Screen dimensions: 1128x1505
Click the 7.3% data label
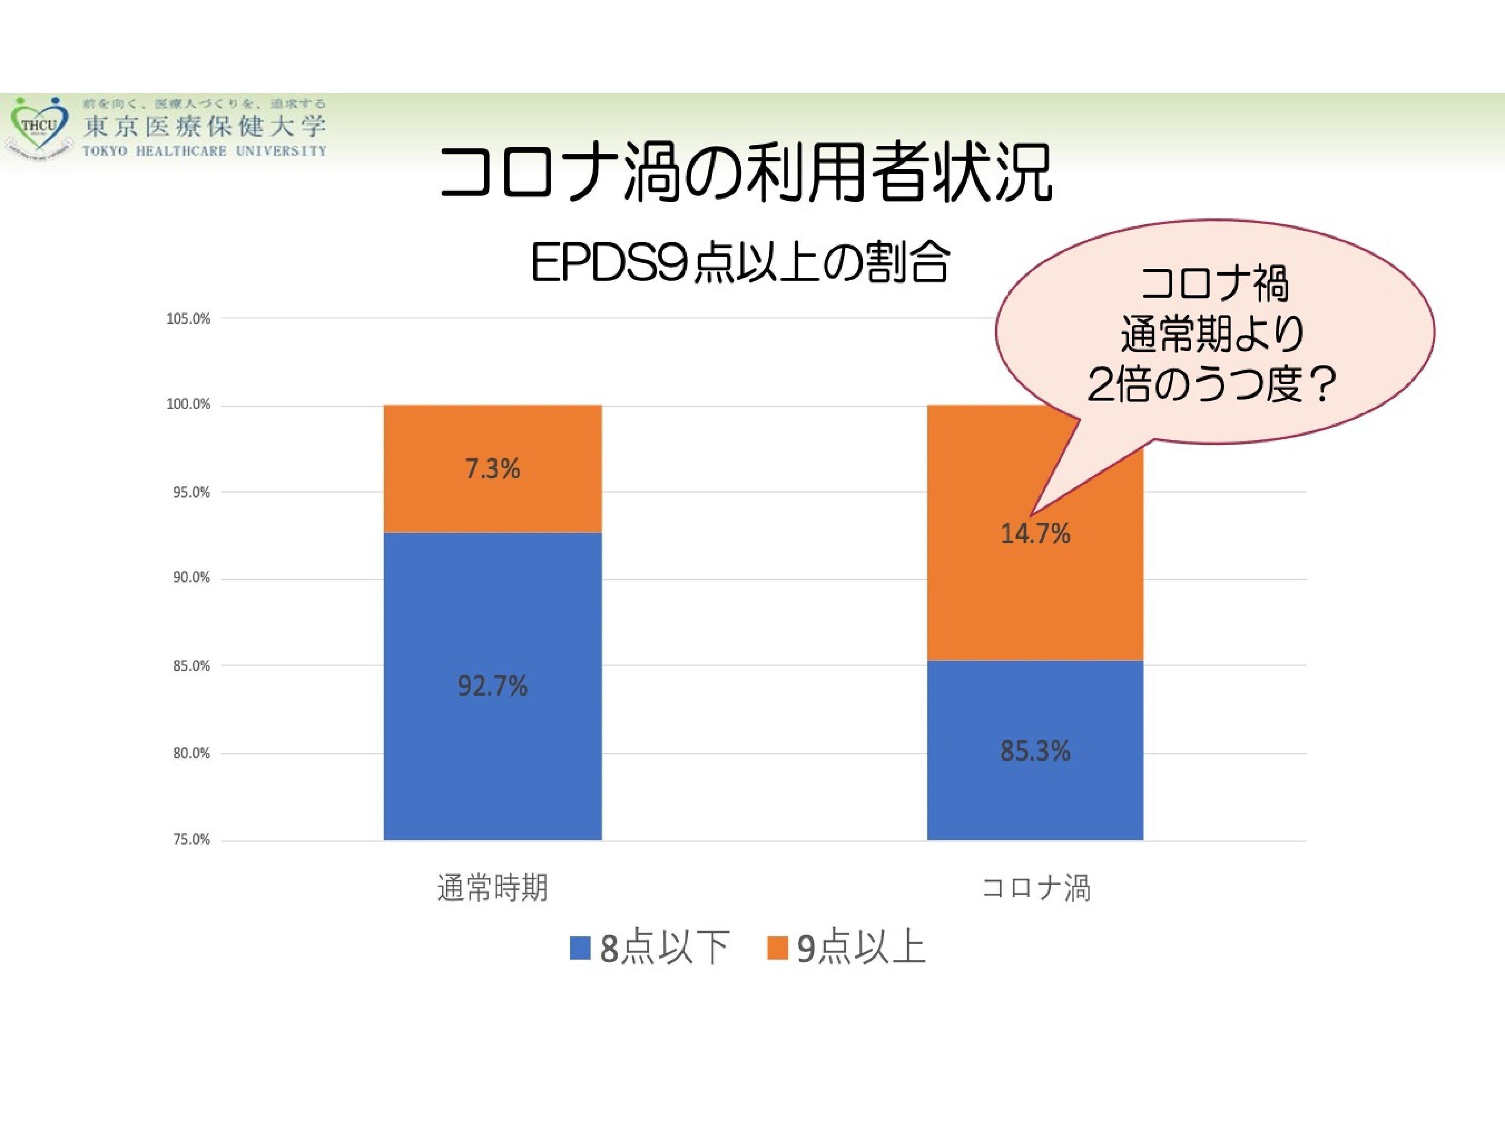493,469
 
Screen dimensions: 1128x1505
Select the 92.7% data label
493,686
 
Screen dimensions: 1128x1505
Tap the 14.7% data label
1035,534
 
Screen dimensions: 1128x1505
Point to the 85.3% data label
1035,751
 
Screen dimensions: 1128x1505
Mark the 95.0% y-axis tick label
191,492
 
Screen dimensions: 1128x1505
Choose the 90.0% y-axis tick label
191,578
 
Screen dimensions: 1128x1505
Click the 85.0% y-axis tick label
191,666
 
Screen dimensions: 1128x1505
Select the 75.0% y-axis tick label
191,840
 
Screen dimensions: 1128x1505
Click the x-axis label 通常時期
493,888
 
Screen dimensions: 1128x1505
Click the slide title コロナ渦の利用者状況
746,173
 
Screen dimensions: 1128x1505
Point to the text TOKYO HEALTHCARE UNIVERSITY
204,151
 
